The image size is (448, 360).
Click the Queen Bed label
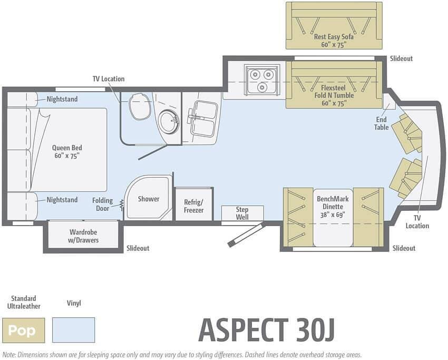67,152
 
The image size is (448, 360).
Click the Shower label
149,199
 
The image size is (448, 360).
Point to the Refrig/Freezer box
194,204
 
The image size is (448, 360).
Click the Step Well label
242,213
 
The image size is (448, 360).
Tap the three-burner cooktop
262,80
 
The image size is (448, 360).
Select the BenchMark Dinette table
333,218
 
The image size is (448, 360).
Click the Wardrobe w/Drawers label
83,236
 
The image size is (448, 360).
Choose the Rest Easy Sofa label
334,41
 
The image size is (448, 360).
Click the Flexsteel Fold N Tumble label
334,95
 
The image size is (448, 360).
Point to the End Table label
382,123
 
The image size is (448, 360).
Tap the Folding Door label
103,205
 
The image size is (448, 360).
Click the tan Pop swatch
23,330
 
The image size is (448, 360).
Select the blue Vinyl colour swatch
73,330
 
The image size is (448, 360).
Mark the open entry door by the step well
246,235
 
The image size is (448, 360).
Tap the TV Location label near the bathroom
109,79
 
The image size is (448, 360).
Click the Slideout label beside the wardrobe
138,248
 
